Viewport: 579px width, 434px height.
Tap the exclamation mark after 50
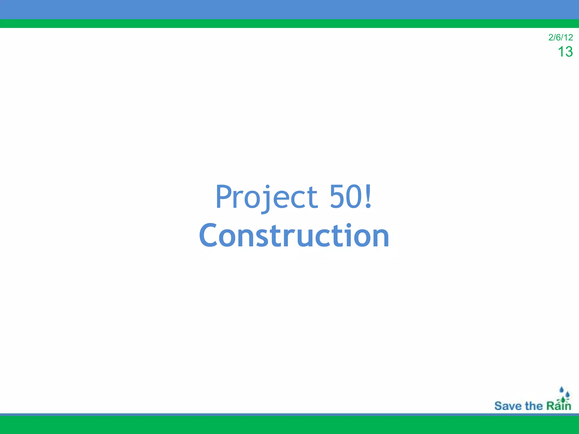tap(368, 196)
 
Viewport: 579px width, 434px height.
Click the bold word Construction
tap(294, 236)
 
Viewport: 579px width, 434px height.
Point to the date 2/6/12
tap(560, 37)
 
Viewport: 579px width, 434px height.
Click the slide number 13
tap(565, 52)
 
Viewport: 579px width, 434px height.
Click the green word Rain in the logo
tap(558, 406)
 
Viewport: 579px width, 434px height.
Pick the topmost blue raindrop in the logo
tap(561, 390)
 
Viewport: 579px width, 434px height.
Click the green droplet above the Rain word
tap(563, 400)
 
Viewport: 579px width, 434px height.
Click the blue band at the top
tap(289, 9)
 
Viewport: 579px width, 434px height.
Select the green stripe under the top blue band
tap(289, 23)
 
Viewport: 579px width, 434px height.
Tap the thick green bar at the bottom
tap(289, 425)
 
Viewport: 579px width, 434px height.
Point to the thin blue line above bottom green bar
tap(289, 415)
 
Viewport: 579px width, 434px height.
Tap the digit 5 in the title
tap(338, 197)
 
